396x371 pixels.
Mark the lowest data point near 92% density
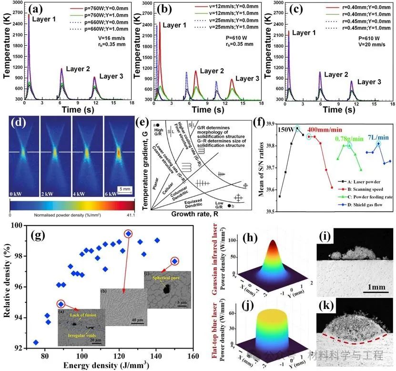point(36,342)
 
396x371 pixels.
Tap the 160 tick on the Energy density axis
point(193,356)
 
